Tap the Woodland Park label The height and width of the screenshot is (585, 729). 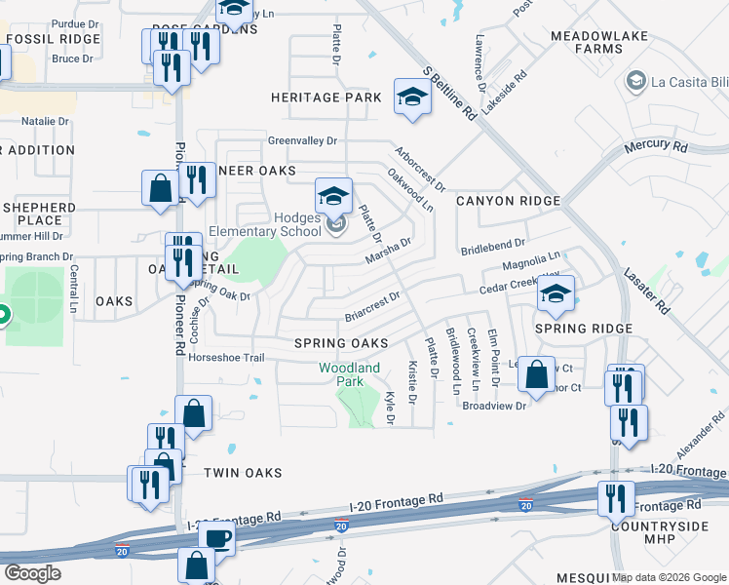click(x=349, y=374)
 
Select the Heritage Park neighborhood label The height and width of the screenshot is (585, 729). click(x=326, y=97)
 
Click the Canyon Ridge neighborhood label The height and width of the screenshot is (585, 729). click(x=508, y=201)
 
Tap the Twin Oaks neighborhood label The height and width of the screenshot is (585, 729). click(x=243, y=472)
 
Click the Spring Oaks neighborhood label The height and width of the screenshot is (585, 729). click(x=341, y=343)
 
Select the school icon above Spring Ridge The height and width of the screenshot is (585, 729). click(x=556, y=293)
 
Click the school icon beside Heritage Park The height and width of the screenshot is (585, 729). click(x=412, y=97)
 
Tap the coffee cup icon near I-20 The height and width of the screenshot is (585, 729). click(x=216, y=537)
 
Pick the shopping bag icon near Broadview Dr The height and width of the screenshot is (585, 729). click(x=536, y=372)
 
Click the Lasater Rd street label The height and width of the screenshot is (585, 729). click(x=646, y=291)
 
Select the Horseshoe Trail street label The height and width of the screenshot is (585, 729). click(x=226, y=358)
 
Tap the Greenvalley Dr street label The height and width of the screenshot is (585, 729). click(x=302, y=140)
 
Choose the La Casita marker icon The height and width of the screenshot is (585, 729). click(x=638, y=79)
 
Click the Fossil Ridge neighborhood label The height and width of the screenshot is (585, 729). click(x=53, y=39)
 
